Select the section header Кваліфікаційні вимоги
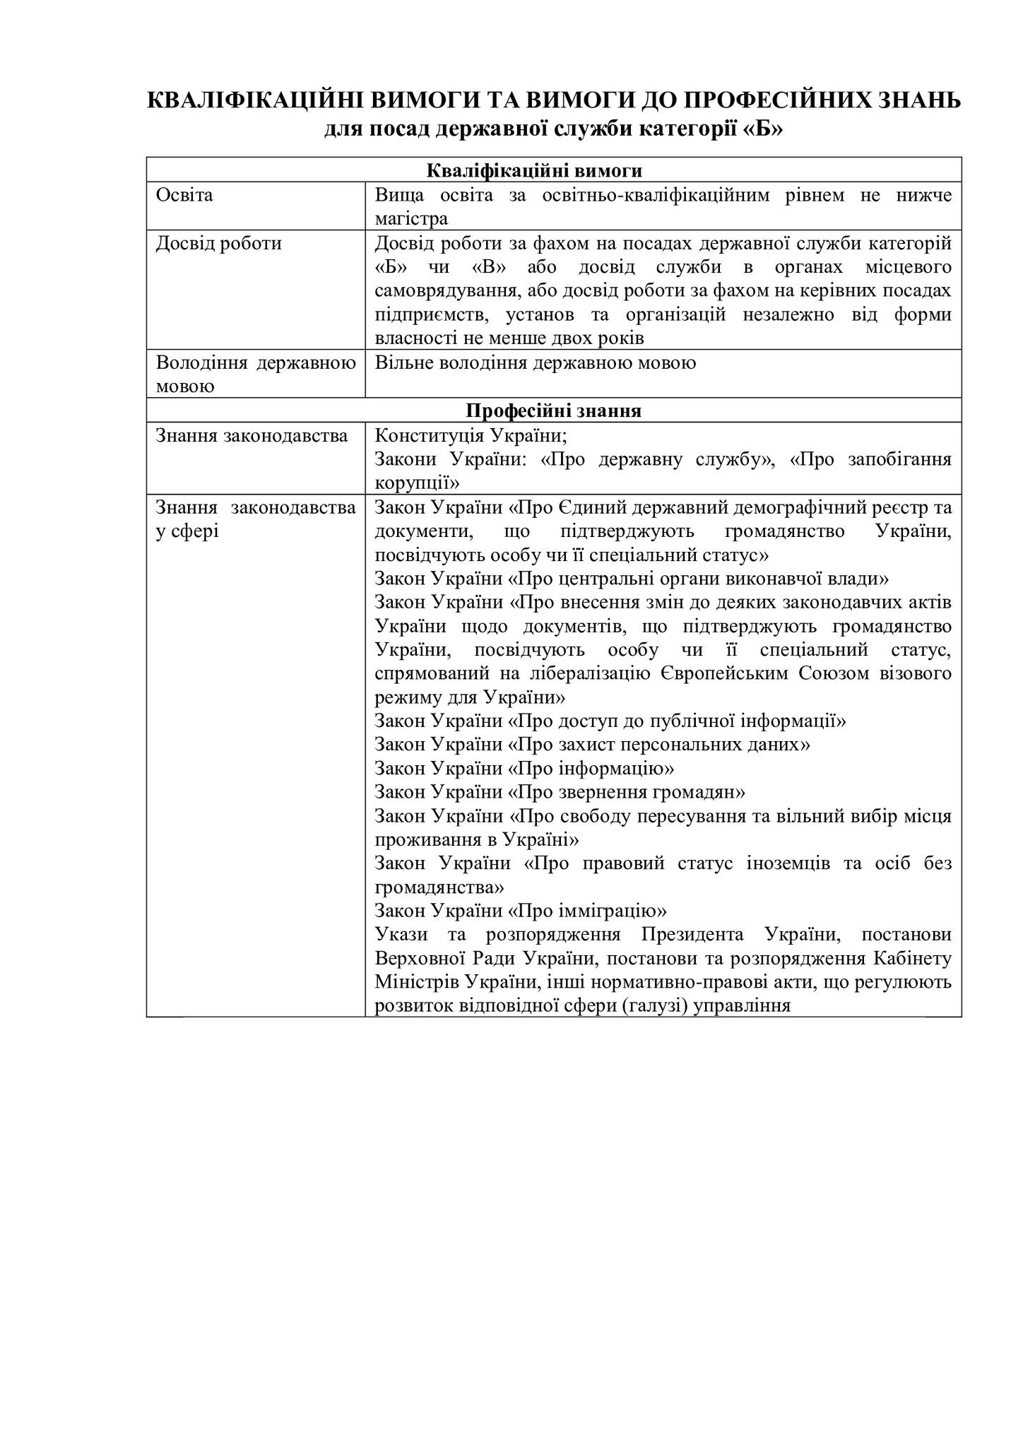click(x=554, y=171)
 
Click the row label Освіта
click(x=184, y=195)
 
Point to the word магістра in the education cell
click(x=411, y=218)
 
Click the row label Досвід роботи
click(x=218, y=244)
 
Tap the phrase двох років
click(x=607, y=338)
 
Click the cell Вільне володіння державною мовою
click(x=535, y=363)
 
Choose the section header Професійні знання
click(x=554, y=411)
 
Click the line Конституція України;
click(x=471, y=435)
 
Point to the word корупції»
click(x=417, y=483)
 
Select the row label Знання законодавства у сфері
click(x=255, y=519)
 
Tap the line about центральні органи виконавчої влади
click(x=631, y=579)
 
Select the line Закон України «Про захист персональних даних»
click(x=592, y=745)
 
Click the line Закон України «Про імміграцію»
click(x=521, y=911)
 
